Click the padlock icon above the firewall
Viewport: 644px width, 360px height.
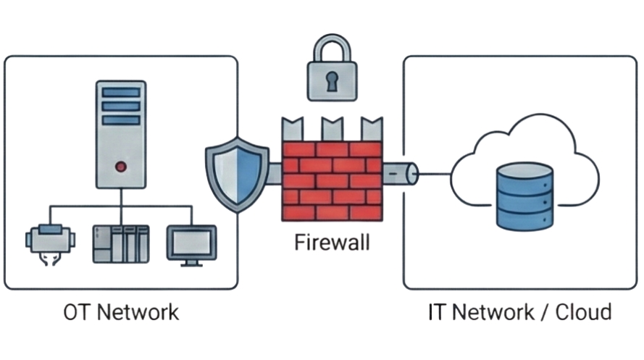pos(332,73)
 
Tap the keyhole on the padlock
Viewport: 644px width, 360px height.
pos(332,82)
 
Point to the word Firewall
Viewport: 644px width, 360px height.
pos(331,241)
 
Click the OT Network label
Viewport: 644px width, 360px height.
pos(120,312)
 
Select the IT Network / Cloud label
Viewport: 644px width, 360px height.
pos(519,312)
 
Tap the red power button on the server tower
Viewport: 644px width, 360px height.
pos(120,167)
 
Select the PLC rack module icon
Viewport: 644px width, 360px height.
pos(120,243)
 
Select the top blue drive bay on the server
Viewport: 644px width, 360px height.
pos(120,92)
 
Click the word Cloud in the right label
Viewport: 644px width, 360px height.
pos(583,312)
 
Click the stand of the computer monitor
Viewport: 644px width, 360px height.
pos(191,262)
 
